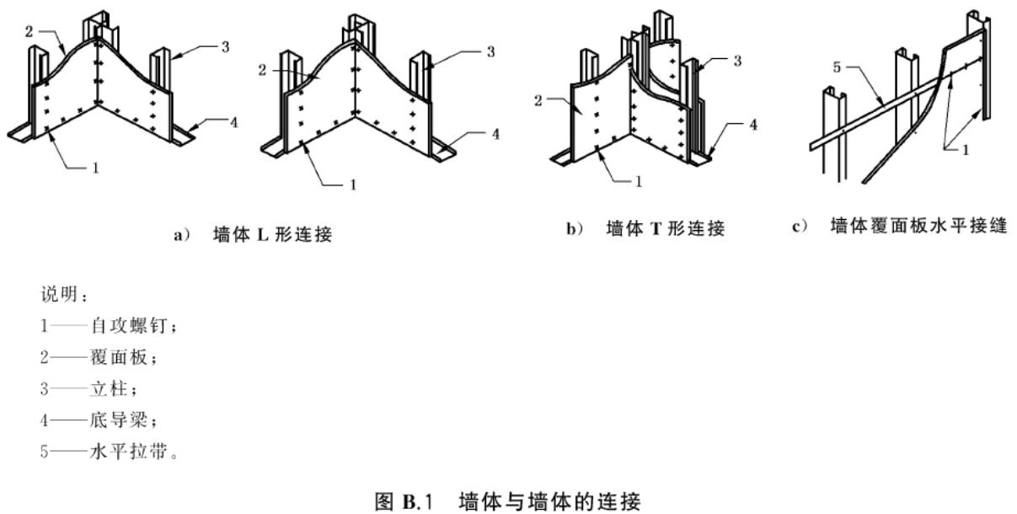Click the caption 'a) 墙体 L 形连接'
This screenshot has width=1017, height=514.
coord(254,235)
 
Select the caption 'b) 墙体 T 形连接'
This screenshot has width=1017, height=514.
coord(645,228)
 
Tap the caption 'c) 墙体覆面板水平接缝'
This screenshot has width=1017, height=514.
coord(900,226)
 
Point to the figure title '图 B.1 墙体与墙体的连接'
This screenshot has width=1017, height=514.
coord(508,501)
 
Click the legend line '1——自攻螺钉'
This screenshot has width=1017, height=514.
coord(109,325)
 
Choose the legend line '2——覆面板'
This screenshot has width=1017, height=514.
coord(99,357)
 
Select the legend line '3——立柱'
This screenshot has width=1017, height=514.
coord(89,388)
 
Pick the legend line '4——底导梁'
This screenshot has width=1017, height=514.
coord(99,420)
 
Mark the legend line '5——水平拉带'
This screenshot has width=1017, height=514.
coord(109,451)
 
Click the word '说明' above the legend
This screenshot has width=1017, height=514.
coord(60,294)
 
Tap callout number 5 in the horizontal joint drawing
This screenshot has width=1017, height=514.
coord(837,67)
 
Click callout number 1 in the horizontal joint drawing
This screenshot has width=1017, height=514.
coord(966,150)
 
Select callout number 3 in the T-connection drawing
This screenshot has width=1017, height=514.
coord(737,61)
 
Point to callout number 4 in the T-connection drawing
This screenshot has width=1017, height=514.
coord(753,125)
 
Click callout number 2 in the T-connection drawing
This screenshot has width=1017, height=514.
coord(538,100)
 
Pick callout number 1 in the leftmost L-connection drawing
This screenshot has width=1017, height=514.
coord(95,168)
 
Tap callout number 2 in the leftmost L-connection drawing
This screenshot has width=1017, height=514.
coord(29,32)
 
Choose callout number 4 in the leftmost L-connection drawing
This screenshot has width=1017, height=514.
coord(234,122)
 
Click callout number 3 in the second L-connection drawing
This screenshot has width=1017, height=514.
coord(490,51)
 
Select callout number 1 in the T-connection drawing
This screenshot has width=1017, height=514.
coord(639,182)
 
